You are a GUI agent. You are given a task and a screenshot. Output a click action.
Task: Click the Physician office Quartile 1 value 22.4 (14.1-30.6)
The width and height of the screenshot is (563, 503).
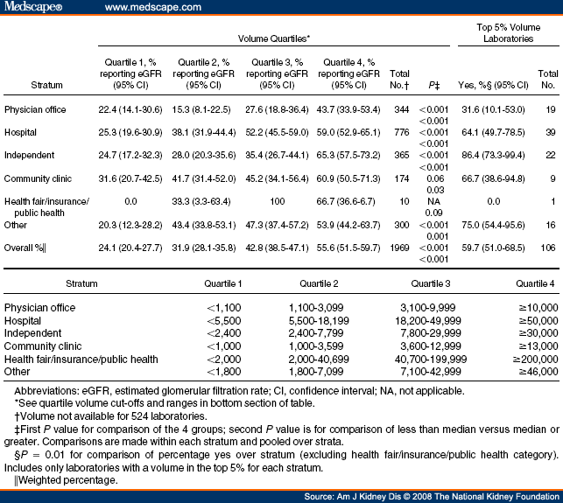(133, 109)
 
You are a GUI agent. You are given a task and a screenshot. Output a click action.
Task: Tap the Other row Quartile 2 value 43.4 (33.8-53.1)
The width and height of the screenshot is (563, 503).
(208, 223)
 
